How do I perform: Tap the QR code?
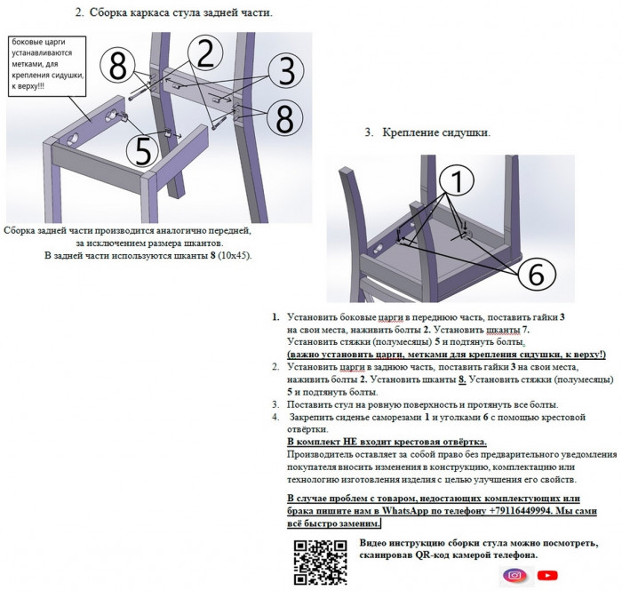click(x=320, y=563)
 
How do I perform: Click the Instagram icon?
click(x=514, y=575)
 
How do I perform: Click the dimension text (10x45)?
click(x=235, y=255)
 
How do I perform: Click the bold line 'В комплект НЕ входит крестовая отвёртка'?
click(x=387, y=442)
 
